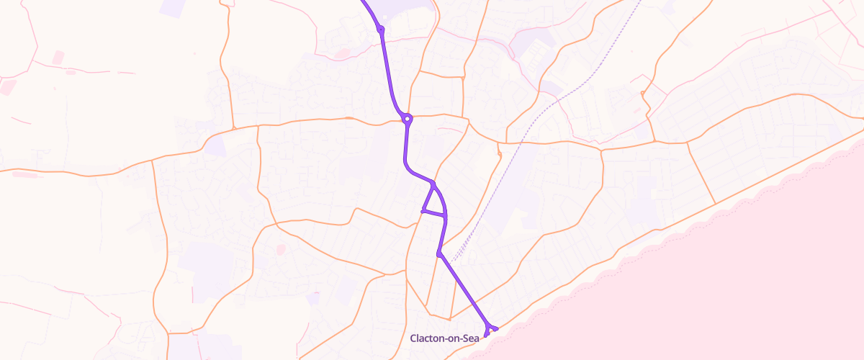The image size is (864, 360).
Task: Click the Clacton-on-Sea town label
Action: [x=444, y=338]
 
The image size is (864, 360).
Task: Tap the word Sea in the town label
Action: [x=469, y=338]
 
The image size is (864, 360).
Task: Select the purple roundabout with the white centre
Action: [x=408, y=119]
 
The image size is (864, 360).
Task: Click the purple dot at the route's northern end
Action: [x=380, y=30]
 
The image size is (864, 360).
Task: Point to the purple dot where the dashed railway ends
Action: [x=438, y=253]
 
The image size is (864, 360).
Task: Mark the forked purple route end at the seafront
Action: [x=490, y=330]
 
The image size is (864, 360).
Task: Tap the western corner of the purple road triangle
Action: [x=423, y=211]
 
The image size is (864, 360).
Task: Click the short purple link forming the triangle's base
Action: [x=434, y=213]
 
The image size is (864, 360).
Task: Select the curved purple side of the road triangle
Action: [x=441, y=199]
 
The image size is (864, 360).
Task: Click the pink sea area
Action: [x=720, y=288]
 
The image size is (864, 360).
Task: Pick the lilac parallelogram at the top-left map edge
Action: [x=171, y=8]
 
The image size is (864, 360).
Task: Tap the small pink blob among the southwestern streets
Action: [x=280, y=249]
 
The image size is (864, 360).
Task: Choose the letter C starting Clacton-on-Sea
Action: [x=413, y=338]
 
